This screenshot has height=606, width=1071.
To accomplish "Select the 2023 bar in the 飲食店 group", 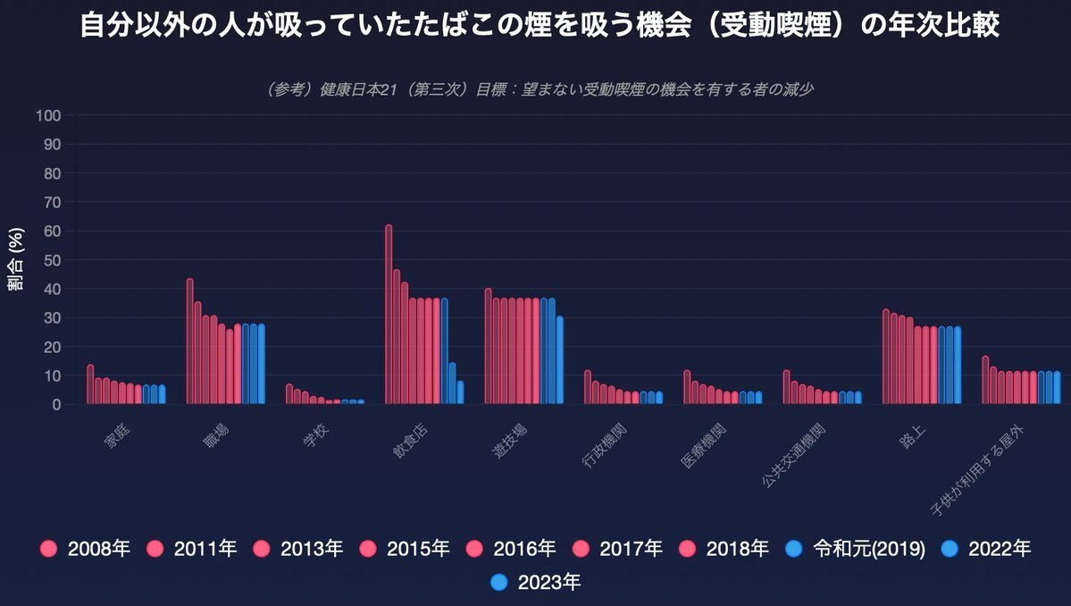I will [460, 393].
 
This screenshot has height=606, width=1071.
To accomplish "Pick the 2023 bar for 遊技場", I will [560, 360].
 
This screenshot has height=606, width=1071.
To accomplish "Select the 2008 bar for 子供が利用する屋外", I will [985, 380].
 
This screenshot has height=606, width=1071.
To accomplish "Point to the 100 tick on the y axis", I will [48, 115].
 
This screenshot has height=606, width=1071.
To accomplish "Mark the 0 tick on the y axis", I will [56, 404].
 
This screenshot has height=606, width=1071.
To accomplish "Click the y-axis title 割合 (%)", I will [16, 260].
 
